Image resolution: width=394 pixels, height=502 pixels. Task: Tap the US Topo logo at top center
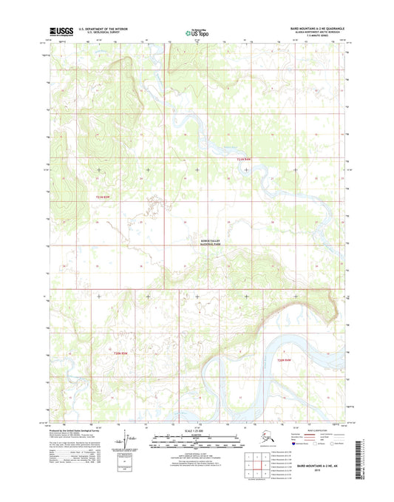[196, 33]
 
